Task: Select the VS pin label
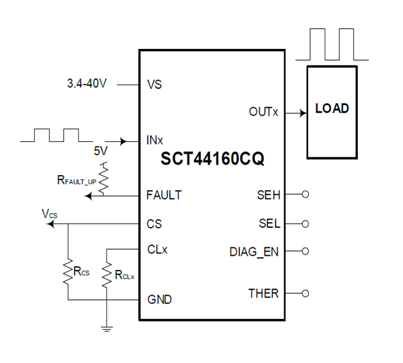[155, 85]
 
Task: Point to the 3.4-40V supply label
[86, 84]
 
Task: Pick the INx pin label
[155, 141]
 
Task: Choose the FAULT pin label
[164, 195]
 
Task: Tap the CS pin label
[154, 224]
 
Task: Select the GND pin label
[159, 300]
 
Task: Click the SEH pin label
[268, 195]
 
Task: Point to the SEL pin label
[268, 223]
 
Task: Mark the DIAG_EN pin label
[254, 251]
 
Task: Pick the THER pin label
[264, 293]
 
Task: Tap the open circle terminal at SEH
[306, 195]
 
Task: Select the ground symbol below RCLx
[107, 330]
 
